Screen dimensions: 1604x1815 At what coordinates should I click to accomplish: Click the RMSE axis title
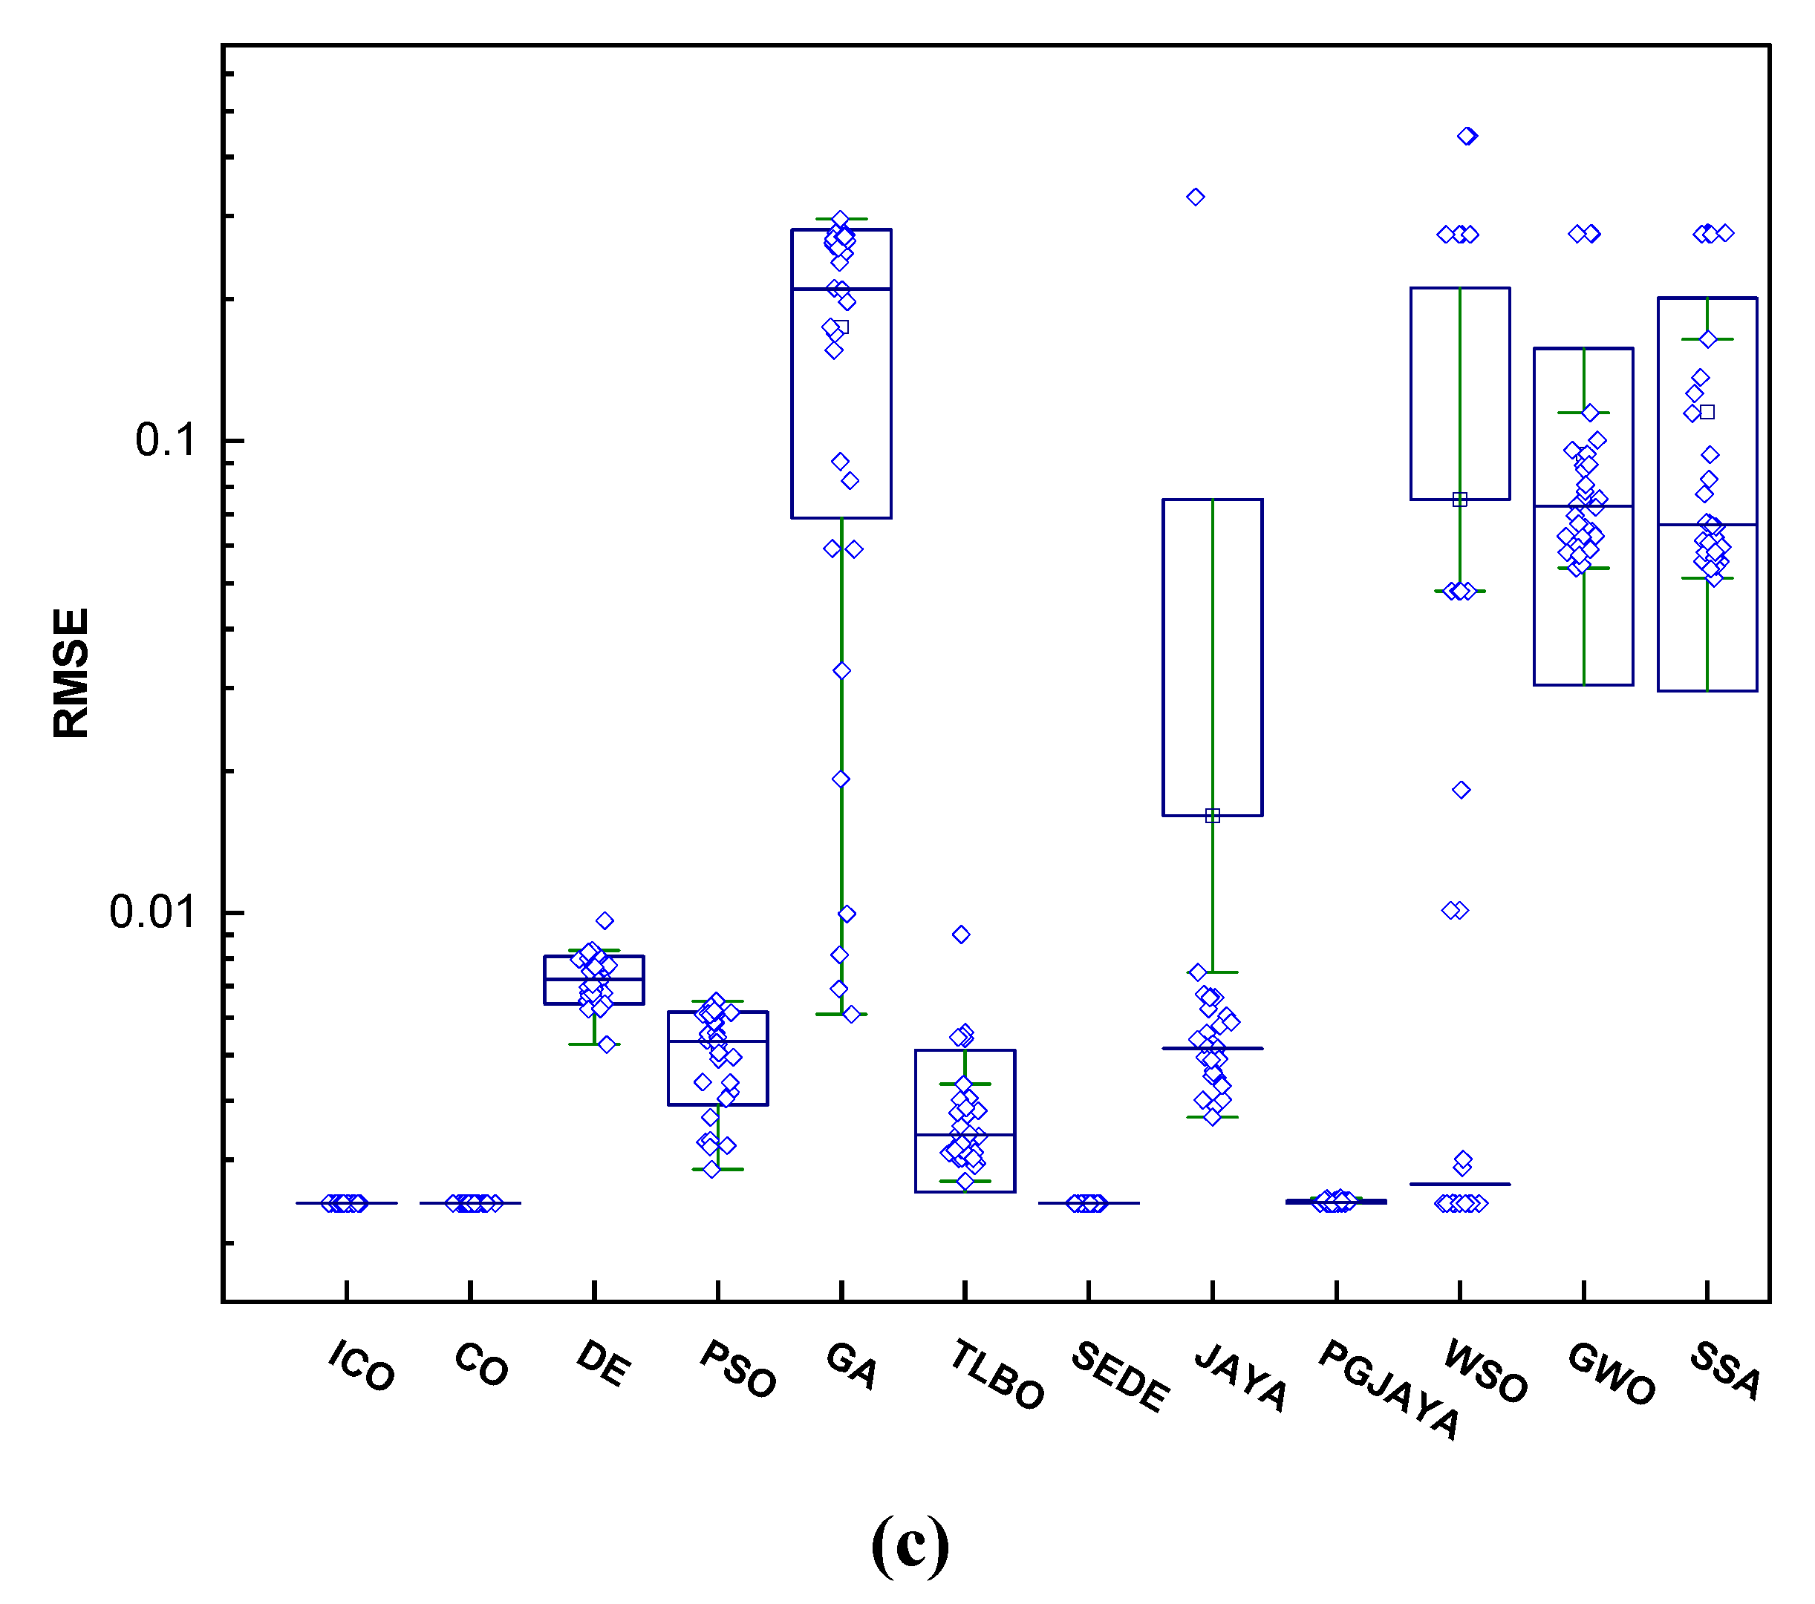[71, 672]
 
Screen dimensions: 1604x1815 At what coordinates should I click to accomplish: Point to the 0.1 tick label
[165, 439]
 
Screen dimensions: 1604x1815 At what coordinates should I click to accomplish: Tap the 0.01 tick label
[151, 911]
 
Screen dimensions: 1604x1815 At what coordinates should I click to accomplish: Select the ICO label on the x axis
[360, 1366]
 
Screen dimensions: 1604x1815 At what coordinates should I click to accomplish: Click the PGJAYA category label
[1389, 1389]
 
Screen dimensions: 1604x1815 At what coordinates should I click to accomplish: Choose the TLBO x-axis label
[997, 1375]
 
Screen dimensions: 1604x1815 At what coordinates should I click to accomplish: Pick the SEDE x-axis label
[1120, 1377]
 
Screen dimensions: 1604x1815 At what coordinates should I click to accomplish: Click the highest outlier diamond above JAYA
[1195, 197]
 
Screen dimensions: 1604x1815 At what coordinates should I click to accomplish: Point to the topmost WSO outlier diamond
[1467, 136]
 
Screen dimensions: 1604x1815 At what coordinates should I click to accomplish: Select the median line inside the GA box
[841, 289]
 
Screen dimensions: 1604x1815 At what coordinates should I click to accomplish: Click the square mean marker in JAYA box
[1212, 816]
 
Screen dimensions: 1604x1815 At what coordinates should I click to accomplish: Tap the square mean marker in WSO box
[1460, 500]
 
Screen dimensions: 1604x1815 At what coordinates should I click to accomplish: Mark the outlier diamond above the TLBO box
[961, 934]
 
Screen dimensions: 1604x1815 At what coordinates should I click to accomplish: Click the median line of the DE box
[594, 979]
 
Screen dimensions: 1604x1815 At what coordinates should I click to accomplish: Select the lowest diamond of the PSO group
[712, 1169]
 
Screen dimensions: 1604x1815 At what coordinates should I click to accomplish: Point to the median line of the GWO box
[1583, 506]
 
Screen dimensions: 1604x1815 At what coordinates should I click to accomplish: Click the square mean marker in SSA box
[1707, 412]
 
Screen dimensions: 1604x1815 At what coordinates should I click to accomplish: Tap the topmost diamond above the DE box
[605, 920]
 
